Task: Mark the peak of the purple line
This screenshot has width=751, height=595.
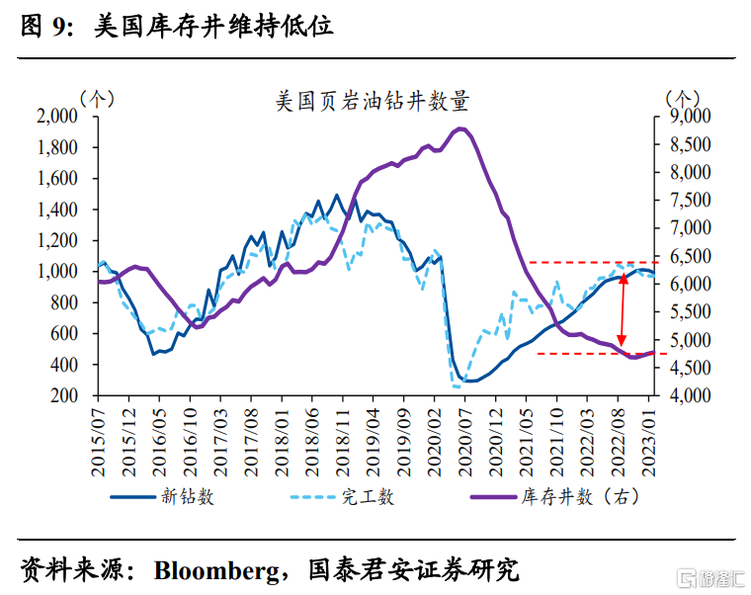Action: [460, 128]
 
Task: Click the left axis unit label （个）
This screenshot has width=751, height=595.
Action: [96, 98]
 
